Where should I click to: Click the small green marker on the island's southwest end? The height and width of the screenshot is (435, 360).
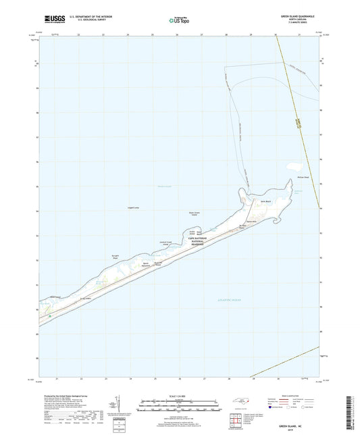[49, 315]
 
